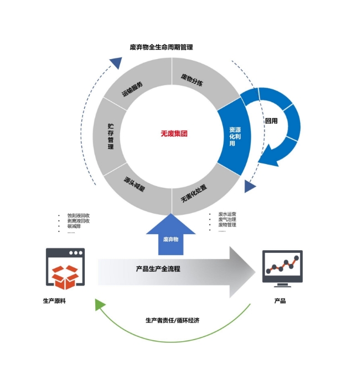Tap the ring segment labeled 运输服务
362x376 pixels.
pos(132,88)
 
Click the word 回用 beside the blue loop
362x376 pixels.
pos(271,121)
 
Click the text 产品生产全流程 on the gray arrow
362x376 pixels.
pos(158,269)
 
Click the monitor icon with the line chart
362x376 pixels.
pos(282,268)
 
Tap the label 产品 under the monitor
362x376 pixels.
pos(280,301)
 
